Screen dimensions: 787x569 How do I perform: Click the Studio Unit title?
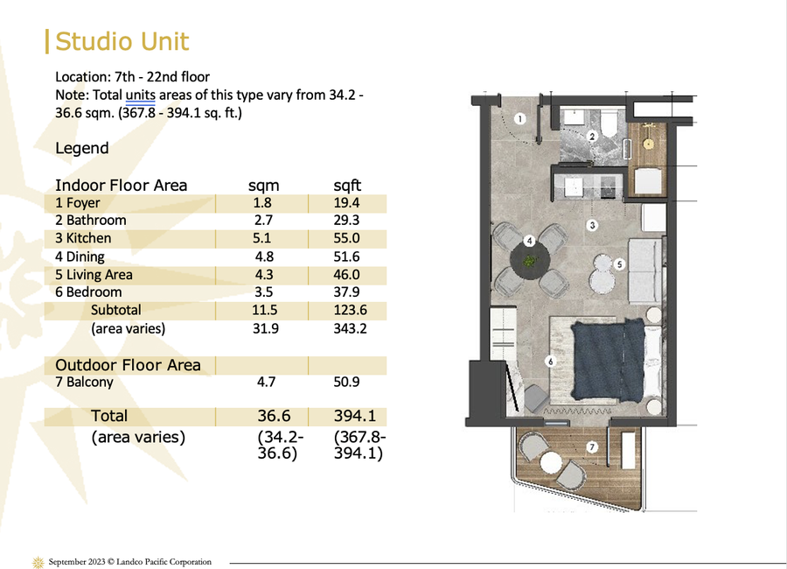(122, 41)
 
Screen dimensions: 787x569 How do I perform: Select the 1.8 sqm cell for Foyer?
(262, 202)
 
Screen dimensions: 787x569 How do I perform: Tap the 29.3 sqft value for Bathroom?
(346, 221)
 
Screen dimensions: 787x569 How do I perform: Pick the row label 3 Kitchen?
(83, 238)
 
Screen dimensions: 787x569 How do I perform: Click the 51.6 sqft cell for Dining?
(346, 256)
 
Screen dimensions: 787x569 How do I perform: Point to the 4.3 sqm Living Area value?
(264, 275)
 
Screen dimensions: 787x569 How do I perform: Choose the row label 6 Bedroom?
(88, 292)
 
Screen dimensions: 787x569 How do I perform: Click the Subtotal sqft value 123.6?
(351, 310)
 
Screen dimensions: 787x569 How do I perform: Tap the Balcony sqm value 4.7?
(266, 382)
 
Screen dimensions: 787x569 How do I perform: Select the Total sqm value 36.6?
(274, 416)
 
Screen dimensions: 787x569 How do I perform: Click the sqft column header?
(347, 186)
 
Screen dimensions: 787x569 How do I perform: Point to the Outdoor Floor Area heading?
(128, 365)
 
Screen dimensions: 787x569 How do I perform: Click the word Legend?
(82, 148)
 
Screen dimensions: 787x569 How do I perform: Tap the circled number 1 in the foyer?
(520, 119)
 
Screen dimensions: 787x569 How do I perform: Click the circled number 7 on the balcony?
(592, 446)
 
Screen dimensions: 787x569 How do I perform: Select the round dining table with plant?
(530, 262)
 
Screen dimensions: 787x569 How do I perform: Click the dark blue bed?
(608, 360)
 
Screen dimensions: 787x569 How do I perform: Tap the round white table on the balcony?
(551, 463)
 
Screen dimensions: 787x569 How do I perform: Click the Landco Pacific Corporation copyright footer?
(130, 561)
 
